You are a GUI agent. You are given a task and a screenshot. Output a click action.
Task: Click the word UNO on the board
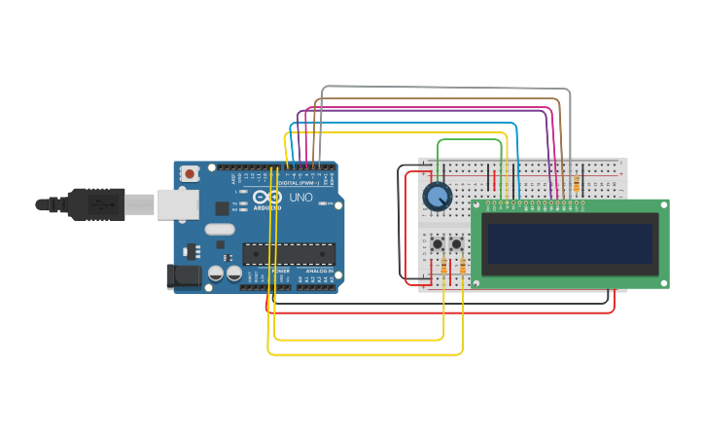[x=301, y=198]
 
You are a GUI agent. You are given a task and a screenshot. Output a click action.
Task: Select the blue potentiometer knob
[x=438, y=197]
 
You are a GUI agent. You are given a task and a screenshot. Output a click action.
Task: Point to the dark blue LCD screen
[x=570, y=243]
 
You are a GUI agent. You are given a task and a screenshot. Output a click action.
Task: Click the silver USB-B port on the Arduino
[x=177, y=203]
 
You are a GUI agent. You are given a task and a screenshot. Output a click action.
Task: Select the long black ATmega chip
[x=289, y=254]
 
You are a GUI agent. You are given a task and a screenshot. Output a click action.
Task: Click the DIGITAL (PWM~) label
[x=298, y=183]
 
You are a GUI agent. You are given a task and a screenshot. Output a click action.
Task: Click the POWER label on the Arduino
[x=279, y=271]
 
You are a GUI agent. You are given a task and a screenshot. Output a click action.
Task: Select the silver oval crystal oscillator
[x=220, y=231]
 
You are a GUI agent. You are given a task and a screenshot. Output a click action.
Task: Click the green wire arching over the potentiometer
[x=471, y=139]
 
